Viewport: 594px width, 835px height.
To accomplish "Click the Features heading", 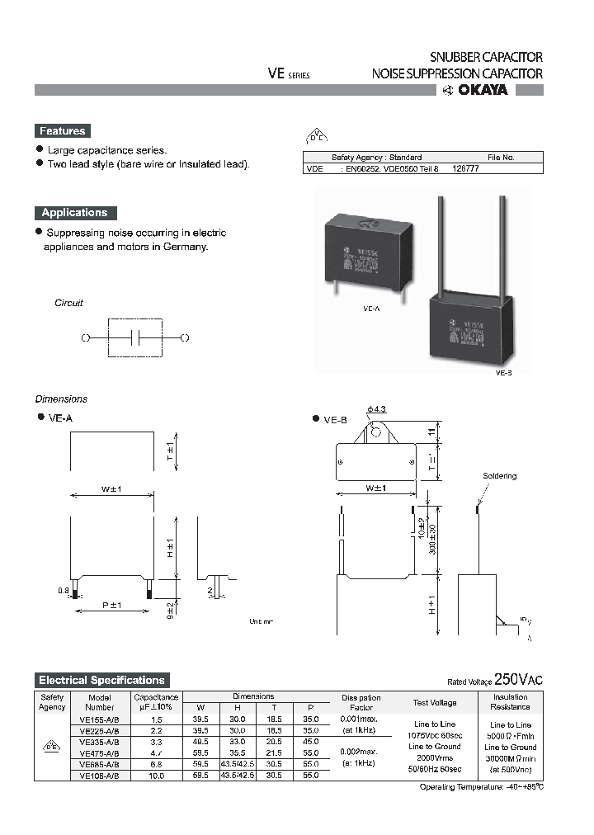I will tap(62, 131).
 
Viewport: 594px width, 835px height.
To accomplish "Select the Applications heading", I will tap(75, 212).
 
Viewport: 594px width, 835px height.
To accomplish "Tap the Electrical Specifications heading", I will tap(102, 680).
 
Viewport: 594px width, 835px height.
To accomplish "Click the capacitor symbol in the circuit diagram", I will tap(137, 337).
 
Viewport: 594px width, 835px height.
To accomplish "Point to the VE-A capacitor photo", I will tap(368, 252).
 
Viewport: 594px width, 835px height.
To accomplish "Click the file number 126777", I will tap(465, 167).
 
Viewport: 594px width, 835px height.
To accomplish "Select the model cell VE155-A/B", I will tap(100, 719).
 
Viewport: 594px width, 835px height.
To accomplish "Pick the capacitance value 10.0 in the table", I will tap(156, 776).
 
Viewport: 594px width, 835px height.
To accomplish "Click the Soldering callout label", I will tap(499, 476).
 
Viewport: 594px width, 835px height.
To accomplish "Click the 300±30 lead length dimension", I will tap(431, 536).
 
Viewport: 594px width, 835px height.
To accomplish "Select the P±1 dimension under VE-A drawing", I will tap(111, 606).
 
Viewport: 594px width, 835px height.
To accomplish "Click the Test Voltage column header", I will tap(434, 703).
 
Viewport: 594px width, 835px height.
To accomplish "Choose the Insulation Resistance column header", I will tap(510, 702).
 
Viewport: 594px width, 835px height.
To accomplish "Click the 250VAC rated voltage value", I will tap(518, 680).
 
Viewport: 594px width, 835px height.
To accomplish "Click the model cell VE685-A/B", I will tap(100, 764).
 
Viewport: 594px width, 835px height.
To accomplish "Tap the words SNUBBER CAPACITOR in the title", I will tap(486, 57).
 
